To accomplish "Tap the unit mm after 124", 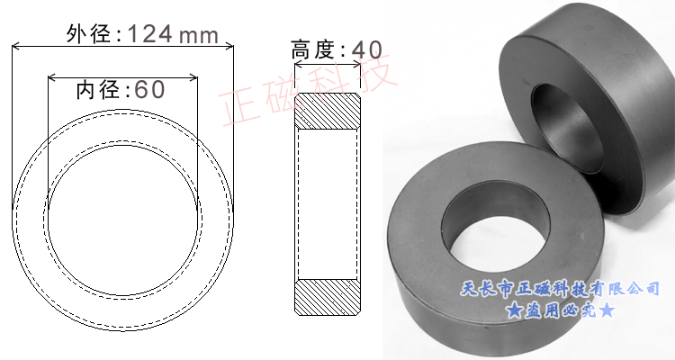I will point(200,35).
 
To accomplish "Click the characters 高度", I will point(315,49).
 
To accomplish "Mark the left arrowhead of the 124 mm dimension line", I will point(14,47).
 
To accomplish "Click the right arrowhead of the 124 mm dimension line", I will point(229,47).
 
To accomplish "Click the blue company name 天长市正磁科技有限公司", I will point(560,289).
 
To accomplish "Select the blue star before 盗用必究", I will point(513,311).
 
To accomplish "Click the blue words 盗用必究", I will point(560,311).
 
